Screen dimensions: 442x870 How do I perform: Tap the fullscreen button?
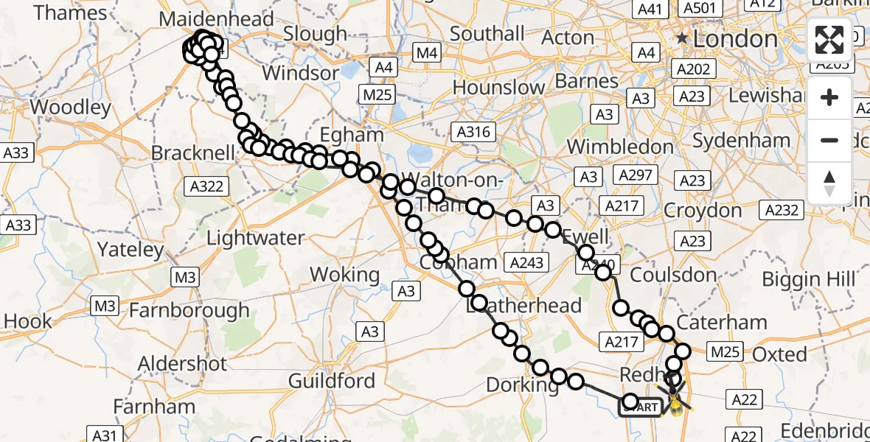click(829, 40)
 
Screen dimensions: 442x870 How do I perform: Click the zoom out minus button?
click(829, 140)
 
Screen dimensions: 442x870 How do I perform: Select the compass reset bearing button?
click(829, 183)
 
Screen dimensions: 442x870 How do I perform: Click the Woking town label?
click(344, 275)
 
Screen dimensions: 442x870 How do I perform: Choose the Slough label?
click(315, 34)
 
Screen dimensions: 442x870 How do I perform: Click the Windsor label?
click(299, 73)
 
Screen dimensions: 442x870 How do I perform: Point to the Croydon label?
click(703, 211)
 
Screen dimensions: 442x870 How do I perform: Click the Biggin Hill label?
click(808, 279)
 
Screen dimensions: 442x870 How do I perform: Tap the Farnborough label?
click(189, 311)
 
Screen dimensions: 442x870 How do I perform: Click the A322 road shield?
click(206, 186)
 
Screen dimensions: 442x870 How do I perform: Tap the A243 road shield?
click(526, 262)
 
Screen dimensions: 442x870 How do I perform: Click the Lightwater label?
click(256, 238)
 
